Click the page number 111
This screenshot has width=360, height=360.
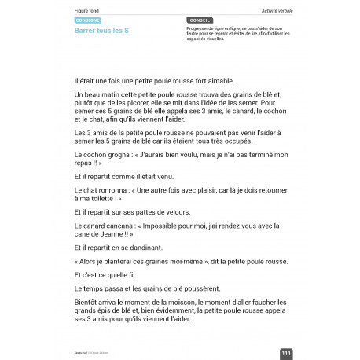coord(286,354)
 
